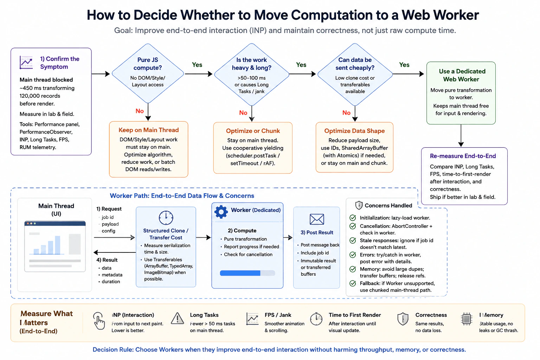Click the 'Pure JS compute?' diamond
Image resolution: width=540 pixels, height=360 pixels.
148,73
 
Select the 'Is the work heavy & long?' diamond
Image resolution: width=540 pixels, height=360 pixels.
251,74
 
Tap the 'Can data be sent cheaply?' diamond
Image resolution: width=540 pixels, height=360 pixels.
355,74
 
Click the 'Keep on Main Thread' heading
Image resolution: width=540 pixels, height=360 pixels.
148,130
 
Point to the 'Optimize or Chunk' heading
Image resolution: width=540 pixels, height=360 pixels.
253,131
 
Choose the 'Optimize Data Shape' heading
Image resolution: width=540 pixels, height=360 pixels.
354,131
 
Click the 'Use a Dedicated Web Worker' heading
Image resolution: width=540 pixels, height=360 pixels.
461,75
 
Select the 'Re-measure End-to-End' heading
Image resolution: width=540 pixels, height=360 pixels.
463,156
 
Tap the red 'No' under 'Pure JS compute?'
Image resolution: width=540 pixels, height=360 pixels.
140,111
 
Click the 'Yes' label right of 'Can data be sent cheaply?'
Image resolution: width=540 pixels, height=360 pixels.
404,65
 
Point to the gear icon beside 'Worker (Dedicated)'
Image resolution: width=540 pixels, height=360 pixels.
221,212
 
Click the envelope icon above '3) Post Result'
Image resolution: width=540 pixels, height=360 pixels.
316,219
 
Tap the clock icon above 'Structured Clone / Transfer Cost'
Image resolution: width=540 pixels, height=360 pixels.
166,218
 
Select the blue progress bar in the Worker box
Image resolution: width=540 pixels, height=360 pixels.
247,273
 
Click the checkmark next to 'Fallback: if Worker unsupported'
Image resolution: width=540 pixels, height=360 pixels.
353,283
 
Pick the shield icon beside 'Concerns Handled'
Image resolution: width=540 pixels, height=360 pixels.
359,205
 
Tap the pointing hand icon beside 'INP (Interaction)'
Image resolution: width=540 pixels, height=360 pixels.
99,321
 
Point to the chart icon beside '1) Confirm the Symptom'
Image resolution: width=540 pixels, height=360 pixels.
26,63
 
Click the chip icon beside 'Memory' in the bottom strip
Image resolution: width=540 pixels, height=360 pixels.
467,319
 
